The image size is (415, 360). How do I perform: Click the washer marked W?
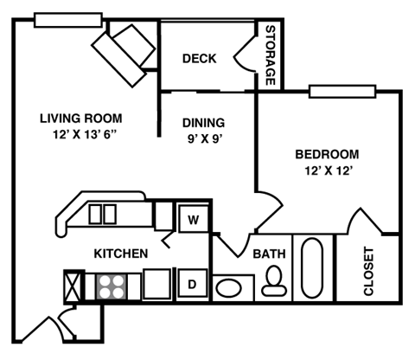(x=194, y=219)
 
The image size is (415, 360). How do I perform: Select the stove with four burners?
(x=110, y=285)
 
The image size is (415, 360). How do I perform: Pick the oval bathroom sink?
(x=229, y=286)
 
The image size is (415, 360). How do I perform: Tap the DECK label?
(x=199, y=59)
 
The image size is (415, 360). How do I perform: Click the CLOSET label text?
(x=368, y=271)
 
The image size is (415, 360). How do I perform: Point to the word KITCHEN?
(x=121, y=254)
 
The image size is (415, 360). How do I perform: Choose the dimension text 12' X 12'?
(x=327, y=170)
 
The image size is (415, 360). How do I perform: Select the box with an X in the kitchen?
(x=73, y=285)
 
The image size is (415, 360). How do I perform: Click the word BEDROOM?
(x=327, y=155)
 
